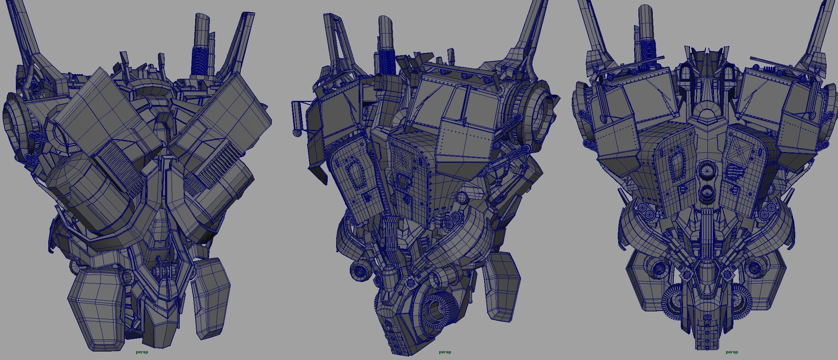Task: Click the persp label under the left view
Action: [142, 352]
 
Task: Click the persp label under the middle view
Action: [445, 352]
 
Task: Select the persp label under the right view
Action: [732, 352]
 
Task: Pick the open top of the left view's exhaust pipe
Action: [202, 18]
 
